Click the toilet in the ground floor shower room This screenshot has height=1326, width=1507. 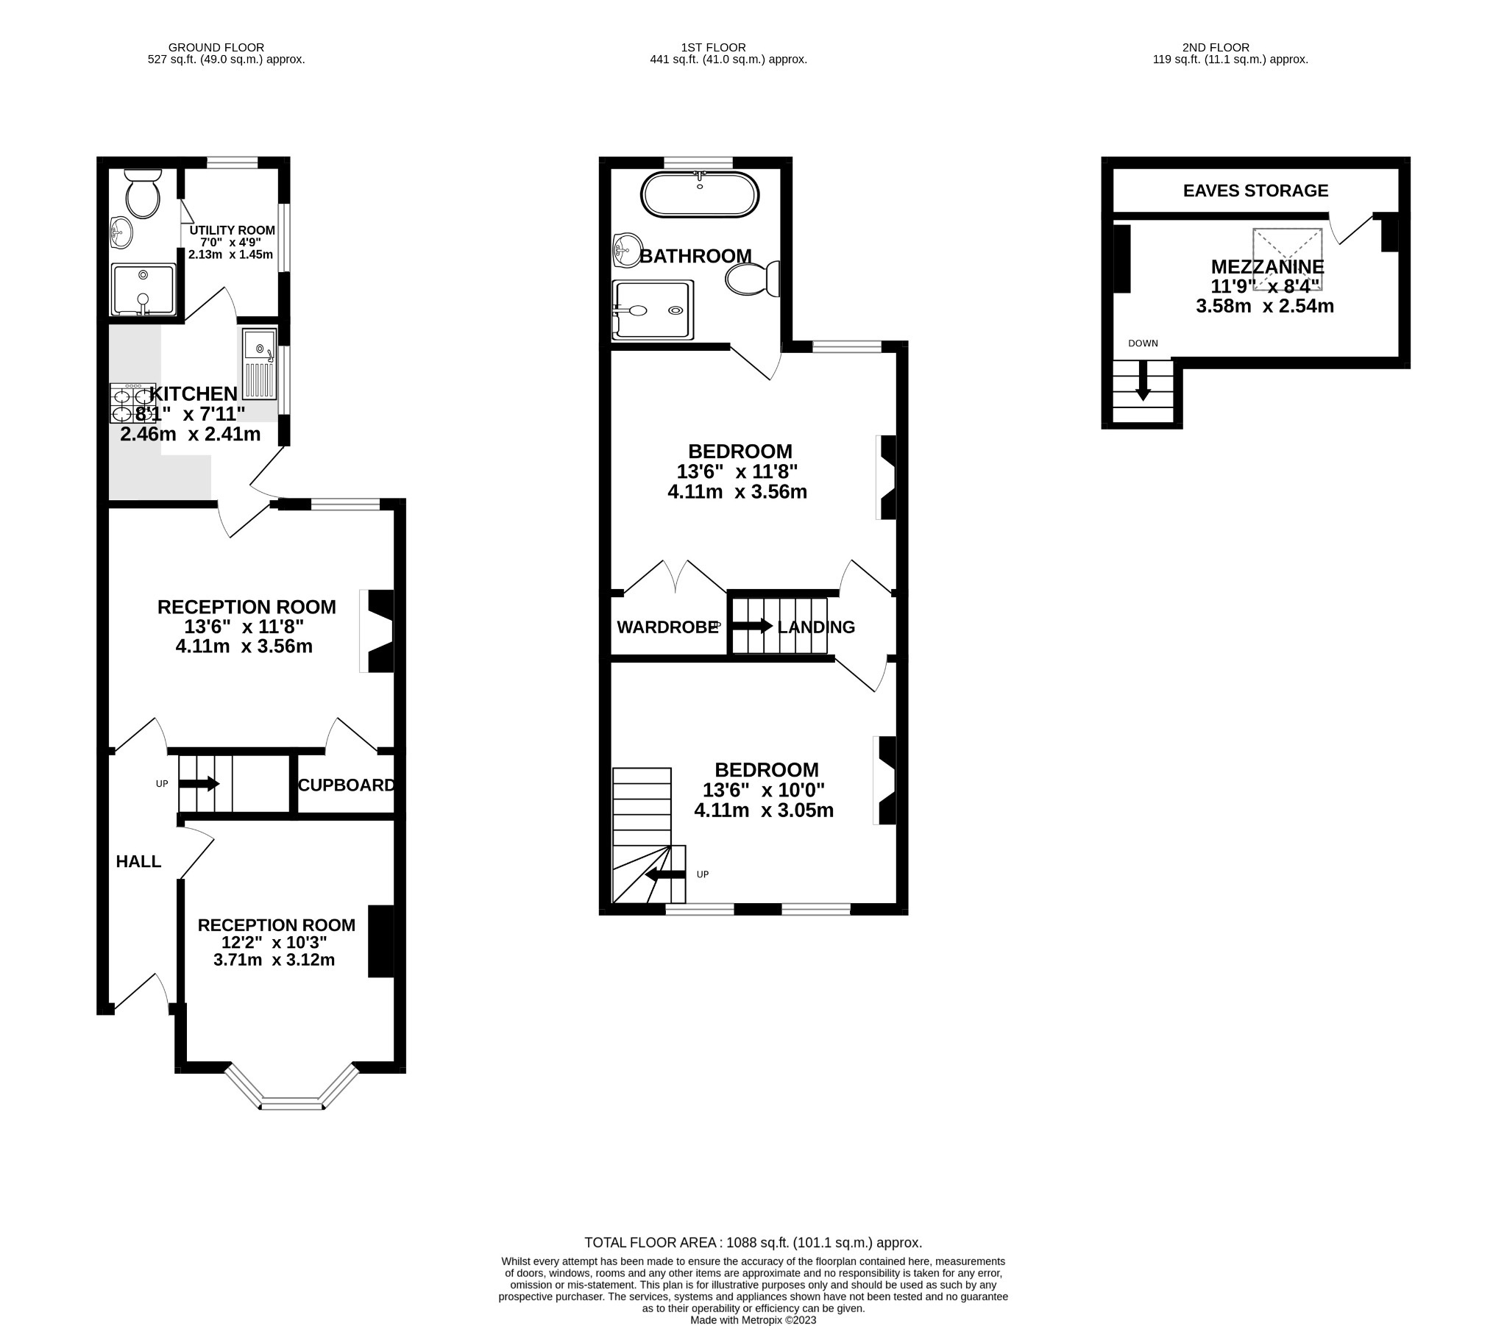(143, 195)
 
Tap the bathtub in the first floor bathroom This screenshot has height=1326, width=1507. (699, 195)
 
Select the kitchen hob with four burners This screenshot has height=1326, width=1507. (132, 403)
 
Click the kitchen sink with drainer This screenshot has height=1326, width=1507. (260, 364)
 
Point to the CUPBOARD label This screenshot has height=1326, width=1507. (347, 785)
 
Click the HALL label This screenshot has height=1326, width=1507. (138, 861)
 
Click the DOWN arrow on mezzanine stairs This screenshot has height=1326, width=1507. (1143, 381)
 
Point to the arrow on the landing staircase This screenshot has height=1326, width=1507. (752, 627)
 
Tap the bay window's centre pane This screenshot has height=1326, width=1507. (292, 1103)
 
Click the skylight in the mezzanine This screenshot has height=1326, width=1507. (1287, 259)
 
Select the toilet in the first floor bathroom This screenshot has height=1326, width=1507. (752, 279)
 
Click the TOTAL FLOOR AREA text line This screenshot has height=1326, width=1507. (753, 1243)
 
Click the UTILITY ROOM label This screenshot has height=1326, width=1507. (232, 230)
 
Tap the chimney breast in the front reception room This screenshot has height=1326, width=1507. (380, 941)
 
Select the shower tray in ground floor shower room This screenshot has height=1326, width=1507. (143, 290)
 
